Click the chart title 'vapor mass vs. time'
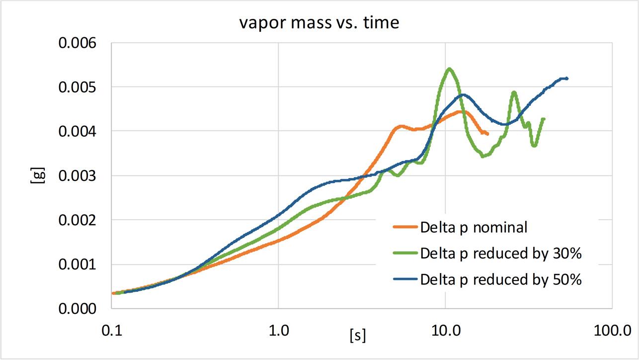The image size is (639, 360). coord(319,23)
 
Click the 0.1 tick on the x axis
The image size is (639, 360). coord(111,330)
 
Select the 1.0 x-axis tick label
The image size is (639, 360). coord(278,330)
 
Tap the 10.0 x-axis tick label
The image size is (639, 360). coord(445,330)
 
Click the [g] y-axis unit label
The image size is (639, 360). coord(36,176)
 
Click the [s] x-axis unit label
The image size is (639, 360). coord(358,336)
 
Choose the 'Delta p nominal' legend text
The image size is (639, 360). coord(474,228)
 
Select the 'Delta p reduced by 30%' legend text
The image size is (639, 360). coord(500,254)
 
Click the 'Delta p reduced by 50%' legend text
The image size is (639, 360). coord(500,279)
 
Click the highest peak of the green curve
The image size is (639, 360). coord(449,69)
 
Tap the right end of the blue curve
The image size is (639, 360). coord(566,79)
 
